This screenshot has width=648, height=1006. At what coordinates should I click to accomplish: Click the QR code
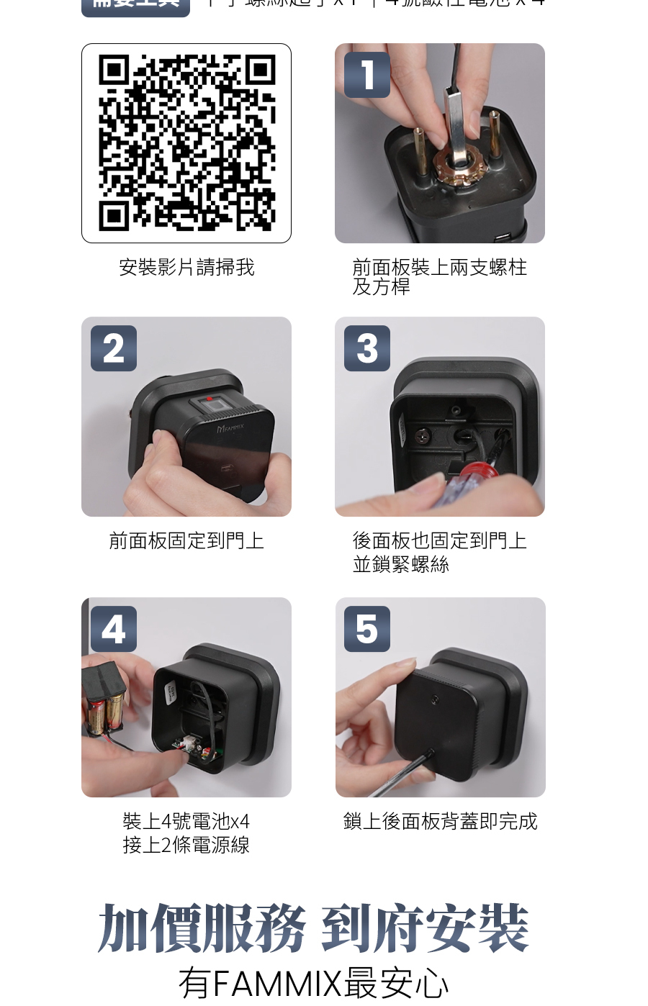click(186, 143)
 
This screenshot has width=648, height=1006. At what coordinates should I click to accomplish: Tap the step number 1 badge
click(367, 75)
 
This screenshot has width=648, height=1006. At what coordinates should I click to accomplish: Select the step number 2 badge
click(114, 348)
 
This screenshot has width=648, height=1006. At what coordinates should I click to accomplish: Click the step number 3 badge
click(367, 348)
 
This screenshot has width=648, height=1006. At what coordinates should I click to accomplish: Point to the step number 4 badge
click(114, 629)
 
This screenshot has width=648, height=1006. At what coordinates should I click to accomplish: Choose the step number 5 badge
click(367, 629)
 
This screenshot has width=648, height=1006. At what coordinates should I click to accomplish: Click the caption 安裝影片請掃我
click(186, 268)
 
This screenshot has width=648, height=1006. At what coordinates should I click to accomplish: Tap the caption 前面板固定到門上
click(186, 540)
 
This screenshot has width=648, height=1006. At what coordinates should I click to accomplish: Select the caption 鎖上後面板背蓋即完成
click(440, 821)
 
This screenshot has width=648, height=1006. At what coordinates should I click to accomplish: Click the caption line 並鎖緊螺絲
click(401, 565)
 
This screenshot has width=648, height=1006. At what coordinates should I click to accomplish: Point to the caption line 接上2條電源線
click(186, 845)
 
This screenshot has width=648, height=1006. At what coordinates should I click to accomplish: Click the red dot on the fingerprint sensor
click(210, 398)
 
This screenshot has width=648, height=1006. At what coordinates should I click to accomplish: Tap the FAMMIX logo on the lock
click(230, 428)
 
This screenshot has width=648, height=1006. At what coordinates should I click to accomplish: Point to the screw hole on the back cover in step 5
click(435, 699)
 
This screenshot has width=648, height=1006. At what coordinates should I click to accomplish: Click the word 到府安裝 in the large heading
click(425, 928)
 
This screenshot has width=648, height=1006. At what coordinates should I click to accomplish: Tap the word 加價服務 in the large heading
click(202, 928)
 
